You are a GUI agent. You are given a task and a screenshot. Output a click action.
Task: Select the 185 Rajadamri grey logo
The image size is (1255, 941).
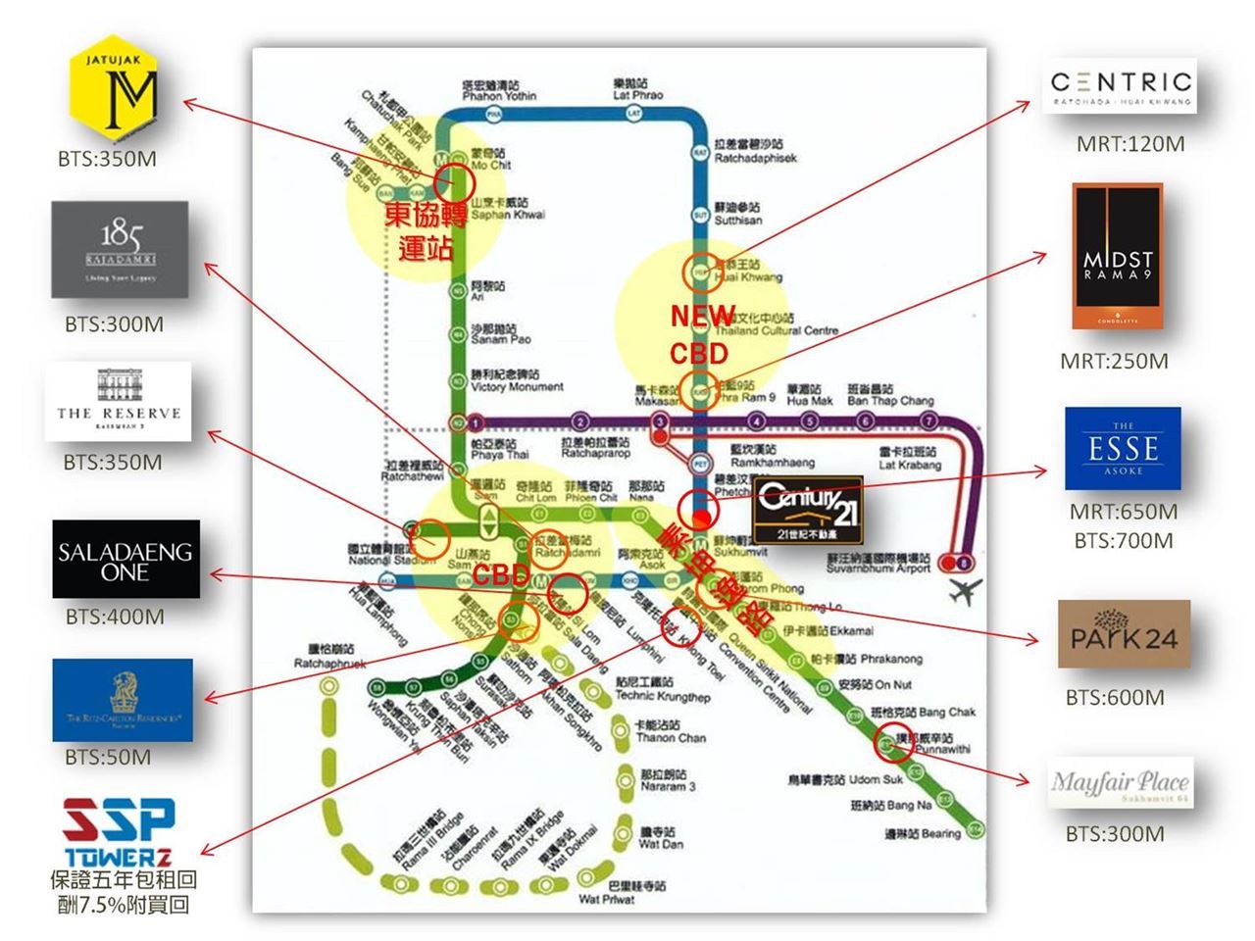pyautogui.click(x=120, y=250)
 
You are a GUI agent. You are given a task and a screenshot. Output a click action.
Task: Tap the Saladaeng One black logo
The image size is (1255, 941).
pyautogui.click(x=125, y=560)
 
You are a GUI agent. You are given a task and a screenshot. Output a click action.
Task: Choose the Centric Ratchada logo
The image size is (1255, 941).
pyautogui.click(x=1121, y=87)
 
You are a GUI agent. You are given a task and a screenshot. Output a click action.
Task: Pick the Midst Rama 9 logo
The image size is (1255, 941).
pyautogui.click(x=1118, y=256)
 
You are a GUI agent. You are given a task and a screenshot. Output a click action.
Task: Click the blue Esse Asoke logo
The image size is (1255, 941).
pyautogui.click(x=1123, y=448)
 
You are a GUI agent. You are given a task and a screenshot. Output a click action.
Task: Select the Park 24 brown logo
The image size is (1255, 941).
pyautogui.click(x=1124, y=634)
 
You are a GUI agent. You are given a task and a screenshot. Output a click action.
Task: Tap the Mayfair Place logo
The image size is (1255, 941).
pyautogui.click(x=1120, y=783)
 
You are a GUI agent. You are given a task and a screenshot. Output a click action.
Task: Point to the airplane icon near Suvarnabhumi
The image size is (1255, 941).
pyautogui.click(x=966, y=592)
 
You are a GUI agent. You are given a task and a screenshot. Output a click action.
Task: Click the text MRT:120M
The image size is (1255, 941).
pyautogui.click(x=1130, y=144)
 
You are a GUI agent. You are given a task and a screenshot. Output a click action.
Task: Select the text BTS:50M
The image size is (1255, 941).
pyautogui.click(x=108, y=757)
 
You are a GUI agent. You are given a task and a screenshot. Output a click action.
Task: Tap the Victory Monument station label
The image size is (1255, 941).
pyautogui.click(x=517, y=381)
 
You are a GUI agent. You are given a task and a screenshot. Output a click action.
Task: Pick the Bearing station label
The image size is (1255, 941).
pyautogui.click(x=923, y=833)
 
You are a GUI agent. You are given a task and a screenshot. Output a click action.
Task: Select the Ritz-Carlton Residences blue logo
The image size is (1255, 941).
pyautogui.click(x=123, y=700)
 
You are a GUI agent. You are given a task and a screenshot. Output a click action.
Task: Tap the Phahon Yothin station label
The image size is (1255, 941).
pyautogui.click(x=499, y=90)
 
